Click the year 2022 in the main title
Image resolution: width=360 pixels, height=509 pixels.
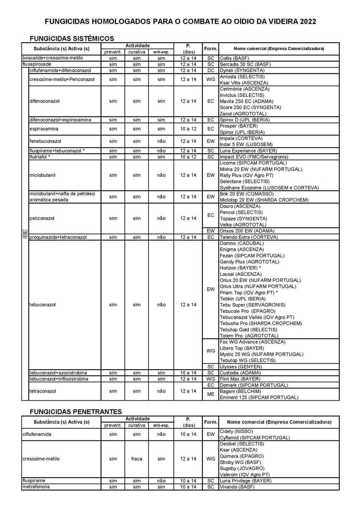point(308,22)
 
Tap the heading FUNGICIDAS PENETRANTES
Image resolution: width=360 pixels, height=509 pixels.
point(76,412)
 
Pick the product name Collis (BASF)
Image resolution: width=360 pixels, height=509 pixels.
point(234,58)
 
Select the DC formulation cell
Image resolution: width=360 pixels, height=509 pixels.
point(211,70)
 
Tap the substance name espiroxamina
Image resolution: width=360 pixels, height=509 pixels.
point(44,129)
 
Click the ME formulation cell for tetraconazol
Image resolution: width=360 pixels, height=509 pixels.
point(211,394)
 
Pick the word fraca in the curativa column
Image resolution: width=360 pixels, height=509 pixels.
point(137,459)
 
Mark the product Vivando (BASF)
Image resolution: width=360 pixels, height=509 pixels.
point(237,487)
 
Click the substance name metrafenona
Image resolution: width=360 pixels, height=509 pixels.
point(36,487)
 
